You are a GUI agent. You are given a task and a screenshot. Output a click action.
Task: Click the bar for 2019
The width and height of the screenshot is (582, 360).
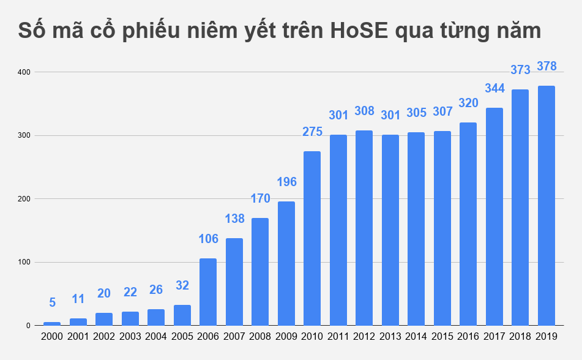pos(546,206)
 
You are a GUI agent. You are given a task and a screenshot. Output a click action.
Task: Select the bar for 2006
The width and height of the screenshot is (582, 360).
pos(208,292)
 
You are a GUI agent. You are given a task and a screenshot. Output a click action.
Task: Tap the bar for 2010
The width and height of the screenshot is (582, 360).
pos(312,239)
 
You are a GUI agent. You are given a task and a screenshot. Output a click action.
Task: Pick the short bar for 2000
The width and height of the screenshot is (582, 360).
pos(52,323)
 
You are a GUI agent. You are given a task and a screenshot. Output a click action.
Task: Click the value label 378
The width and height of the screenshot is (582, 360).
pos(546,66)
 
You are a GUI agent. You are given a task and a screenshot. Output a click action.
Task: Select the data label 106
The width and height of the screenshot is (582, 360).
pos(208,239)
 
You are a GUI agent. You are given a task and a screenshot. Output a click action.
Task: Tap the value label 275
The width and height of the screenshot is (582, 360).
pos(312,132)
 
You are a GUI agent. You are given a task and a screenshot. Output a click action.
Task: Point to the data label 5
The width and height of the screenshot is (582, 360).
pos(52,302)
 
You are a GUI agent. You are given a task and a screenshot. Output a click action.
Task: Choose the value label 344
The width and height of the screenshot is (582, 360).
pos(494,88)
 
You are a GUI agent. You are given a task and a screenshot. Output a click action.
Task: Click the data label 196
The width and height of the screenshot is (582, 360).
pos(286,182)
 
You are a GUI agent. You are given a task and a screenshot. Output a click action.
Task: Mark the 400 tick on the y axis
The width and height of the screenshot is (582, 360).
pos(24,72)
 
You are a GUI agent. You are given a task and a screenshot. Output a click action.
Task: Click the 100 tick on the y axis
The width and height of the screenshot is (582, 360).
pos(24,263)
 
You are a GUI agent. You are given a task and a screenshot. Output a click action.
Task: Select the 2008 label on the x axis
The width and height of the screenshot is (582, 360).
pos(260,337)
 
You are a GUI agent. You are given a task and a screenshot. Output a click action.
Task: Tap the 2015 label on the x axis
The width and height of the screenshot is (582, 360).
pos(442,337)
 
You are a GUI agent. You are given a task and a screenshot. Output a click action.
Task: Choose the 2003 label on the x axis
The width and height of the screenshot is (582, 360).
pos(130,337)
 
